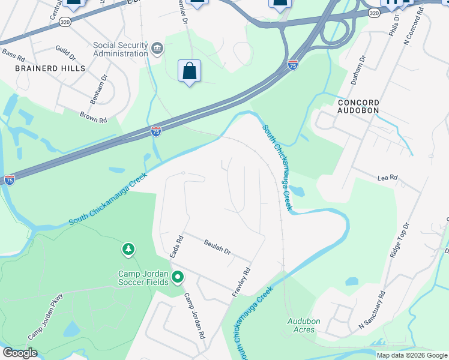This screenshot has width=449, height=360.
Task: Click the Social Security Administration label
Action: (x=120, y=49)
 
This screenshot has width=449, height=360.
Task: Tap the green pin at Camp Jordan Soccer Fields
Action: (x=177, y=277)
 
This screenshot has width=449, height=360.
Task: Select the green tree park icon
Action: (x=128, y=249)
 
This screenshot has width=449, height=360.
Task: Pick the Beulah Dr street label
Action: (x=217, y=247)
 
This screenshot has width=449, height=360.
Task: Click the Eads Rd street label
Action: (x=176, y=247)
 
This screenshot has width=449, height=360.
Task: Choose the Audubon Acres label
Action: (x=303, y=325)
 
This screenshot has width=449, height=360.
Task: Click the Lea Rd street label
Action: (x=388, y=178)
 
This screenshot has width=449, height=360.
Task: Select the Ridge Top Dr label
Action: (x=399, y=240)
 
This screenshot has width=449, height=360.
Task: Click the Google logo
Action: (x=20, y=353)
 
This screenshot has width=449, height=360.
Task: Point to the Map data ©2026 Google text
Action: (x=412, y=355)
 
